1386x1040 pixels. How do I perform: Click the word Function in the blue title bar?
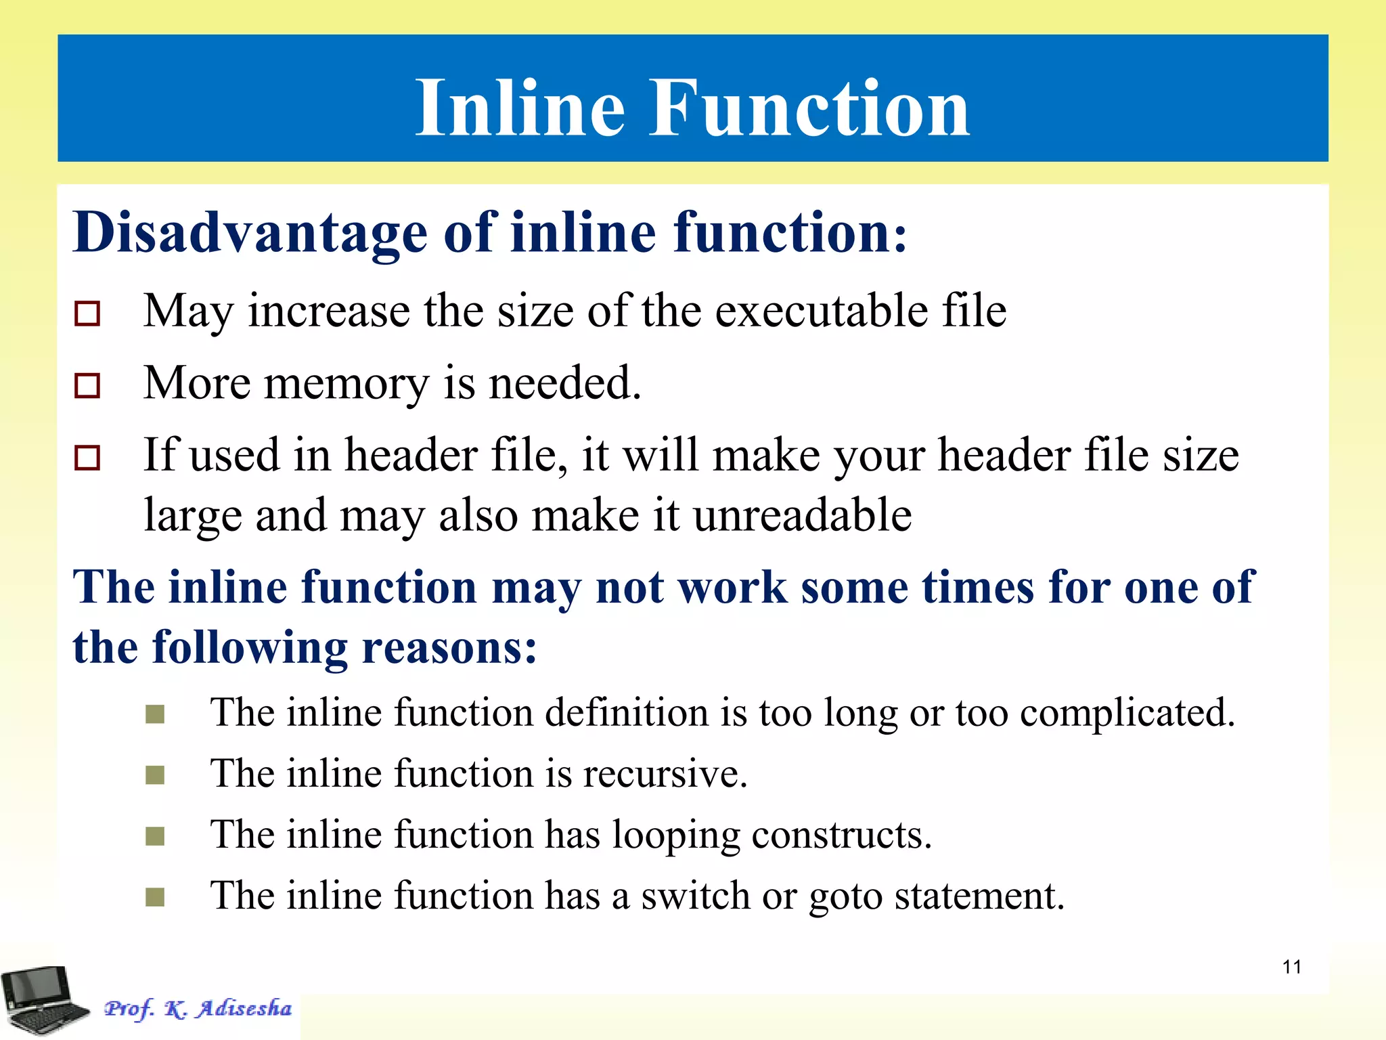coord(809,108)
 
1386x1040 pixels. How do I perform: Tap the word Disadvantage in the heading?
coord(250,232)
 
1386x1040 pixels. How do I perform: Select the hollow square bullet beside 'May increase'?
coord(87,313)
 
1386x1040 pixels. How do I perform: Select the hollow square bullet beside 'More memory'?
coord(87,385)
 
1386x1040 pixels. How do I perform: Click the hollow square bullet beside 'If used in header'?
coord(87,458)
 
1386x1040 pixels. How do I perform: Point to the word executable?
coord(822,311)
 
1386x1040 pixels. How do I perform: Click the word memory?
coord(346,384)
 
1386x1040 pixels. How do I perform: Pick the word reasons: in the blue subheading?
coord(449,647)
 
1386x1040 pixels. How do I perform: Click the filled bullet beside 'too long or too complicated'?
coord(155,714)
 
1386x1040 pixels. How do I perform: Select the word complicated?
coord(1127,714)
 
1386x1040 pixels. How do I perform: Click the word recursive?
coord(665,774)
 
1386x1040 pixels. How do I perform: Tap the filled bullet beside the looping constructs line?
coord(155,836)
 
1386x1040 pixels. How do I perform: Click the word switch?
coord(695,896)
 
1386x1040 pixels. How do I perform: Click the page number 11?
coord(1291,967)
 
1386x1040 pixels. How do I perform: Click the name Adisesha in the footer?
coord(244,1008)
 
